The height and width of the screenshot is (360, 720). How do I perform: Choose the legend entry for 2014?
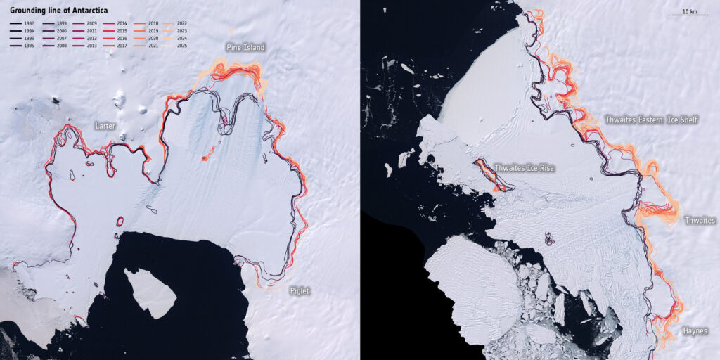point(116,24)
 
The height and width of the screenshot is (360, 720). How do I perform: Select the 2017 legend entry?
point(116,45)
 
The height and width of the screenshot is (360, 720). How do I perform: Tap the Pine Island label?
point(245,48)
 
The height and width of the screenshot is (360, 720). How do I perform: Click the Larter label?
point(105,126)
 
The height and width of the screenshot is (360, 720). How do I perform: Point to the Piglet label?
point(299,290)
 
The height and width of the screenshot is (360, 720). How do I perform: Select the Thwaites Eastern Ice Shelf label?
point(651,120)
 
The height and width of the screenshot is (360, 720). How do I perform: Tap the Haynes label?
point(695,330)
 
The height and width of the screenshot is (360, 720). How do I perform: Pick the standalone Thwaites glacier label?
point(700,221)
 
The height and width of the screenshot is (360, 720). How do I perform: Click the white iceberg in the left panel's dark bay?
point(150,290)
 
